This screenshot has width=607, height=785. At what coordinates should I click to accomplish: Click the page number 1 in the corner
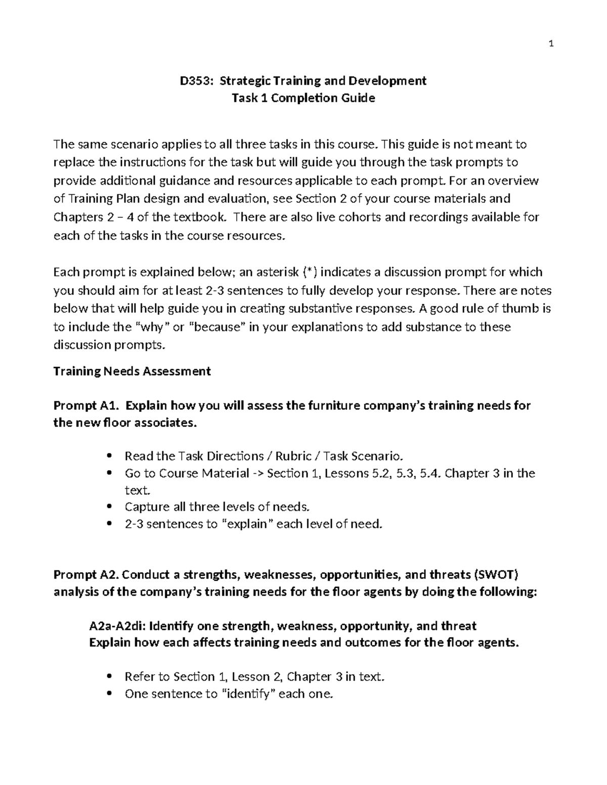tap(551, 44)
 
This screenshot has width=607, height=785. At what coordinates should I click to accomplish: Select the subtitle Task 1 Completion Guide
tap(303, 98)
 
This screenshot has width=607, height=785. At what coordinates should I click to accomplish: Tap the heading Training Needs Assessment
tap(132, 372)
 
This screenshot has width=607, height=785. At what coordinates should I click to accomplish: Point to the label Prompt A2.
tap(86, 575)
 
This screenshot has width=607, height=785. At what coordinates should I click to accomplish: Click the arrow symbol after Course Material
tap(258, 474)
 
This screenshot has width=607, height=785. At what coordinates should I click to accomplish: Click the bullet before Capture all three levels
tap(109, 507)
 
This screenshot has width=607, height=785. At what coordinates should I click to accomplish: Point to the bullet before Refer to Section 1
tap(109, 677)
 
